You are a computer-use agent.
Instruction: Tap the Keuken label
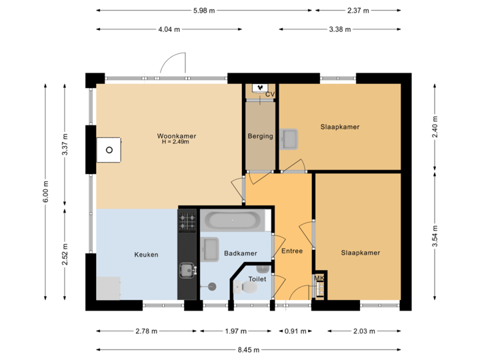[146, 254]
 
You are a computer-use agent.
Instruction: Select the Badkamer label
[241, 253]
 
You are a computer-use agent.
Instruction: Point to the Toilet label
[257, 279]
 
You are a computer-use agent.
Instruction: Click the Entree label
[292, 251]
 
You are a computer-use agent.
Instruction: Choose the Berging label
[260, 137]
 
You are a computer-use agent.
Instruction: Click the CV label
[270, 95]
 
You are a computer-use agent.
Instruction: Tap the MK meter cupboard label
[319, 278]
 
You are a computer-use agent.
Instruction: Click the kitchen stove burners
[187, 219]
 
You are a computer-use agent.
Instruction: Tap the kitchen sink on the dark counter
[186, 269]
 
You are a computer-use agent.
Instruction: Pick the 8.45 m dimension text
[248, 349]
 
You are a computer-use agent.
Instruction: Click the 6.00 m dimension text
[45, 192]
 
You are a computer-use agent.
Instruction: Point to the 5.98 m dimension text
[204, 10]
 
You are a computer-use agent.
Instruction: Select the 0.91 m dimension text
[292, 331]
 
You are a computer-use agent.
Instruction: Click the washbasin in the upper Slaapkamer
[289, 139]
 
